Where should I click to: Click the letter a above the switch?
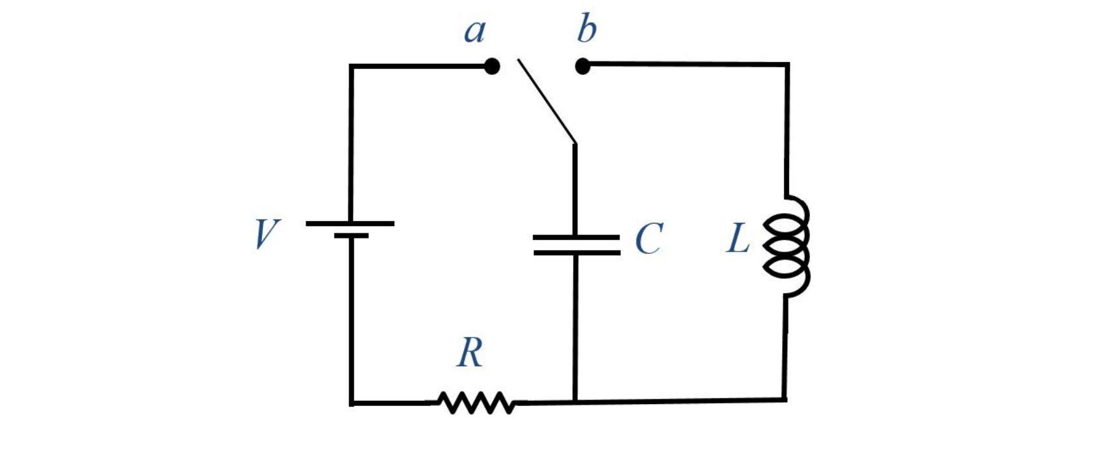[x=475, y=31]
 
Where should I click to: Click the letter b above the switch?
[x=586, y=30]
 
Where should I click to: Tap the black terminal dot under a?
[x=492, y=66]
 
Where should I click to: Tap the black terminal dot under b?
[x=583, y=66]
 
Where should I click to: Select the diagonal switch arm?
[x=546, y=100]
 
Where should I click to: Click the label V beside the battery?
[x=266, y=234]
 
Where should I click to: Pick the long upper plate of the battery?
[x=350, y=224]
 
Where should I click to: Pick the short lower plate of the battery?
[x=351, y=236]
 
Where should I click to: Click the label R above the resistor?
[x=470, y=353]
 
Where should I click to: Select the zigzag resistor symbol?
[x=476, y=403]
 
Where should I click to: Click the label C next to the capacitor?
[x=648, y=239]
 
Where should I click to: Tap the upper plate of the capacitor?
[x=576, y=237]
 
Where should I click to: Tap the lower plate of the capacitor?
[x=576, y=252]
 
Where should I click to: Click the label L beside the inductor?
[x=738, y=239]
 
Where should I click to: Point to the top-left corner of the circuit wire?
[x=351, y=66]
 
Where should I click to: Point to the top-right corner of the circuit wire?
[x=788, y=65]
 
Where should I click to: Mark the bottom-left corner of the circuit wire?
[x=352, y=403]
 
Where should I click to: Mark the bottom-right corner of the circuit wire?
[x=785, y=399]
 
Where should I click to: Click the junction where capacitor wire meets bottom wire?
[x=575, y=402]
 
